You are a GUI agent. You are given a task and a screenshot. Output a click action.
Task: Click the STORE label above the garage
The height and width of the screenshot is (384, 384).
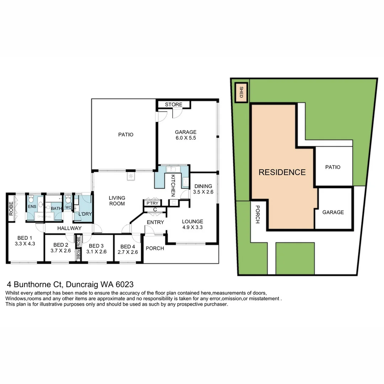174,105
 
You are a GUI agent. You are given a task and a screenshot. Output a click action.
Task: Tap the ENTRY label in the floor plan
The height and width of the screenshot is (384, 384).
155,222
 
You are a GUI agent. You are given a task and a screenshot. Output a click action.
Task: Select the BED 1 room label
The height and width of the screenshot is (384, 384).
25,241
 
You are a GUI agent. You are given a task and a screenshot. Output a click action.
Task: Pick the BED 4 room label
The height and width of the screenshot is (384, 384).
128,250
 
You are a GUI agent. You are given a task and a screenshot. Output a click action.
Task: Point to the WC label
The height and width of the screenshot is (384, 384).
68,207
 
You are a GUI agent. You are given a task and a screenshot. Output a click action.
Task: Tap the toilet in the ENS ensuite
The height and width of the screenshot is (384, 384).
32,198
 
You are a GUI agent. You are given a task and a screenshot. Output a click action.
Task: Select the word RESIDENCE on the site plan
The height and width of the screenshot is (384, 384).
282,172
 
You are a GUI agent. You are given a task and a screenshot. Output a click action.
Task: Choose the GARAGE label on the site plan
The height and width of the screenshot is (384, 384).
333,212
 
